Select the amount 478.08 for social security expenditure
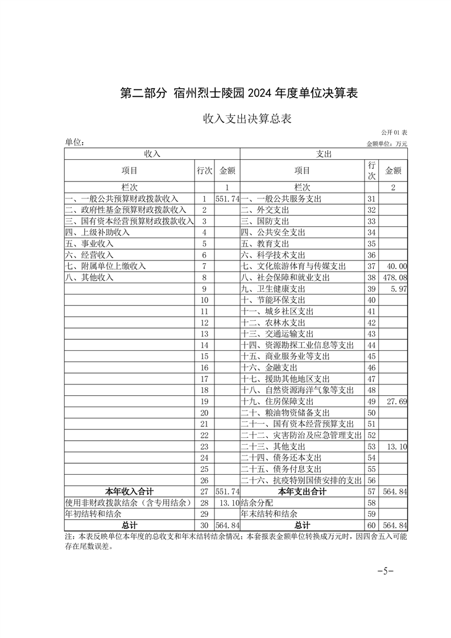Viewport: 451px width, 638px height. click(x=396, y=277)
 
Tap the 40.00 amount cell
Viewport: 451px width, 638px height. click(x=396, y=266)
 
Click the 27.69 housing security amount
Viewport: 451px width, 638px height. click(x=396, y=401)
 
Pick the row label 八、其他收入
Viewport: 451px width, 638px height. click(x=89, y=277)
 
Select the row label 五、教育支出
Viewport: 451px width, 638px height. click(x=265, y=244)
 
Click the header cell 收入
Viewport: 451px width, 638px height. click(x=152, y=154)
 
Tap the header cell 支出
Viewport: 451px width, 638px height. click(x=324, y=154)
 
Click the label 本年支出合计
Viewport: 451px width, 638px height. click(x=302, y=491)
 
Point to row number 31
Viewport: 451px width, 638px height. click(x=373, y=199)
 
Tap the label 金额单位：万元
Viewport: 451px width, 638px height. click(x=387, y=143)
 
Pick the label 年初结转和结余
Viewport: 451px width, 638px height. click(x=93, y=513)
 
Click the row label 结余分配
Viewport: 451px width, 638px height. click(x=257, y=503)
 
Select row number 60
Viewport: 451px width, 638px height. click(x=373, y=525)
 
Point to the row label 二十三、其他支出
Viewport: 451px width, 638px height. click(x=273, y=446)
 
